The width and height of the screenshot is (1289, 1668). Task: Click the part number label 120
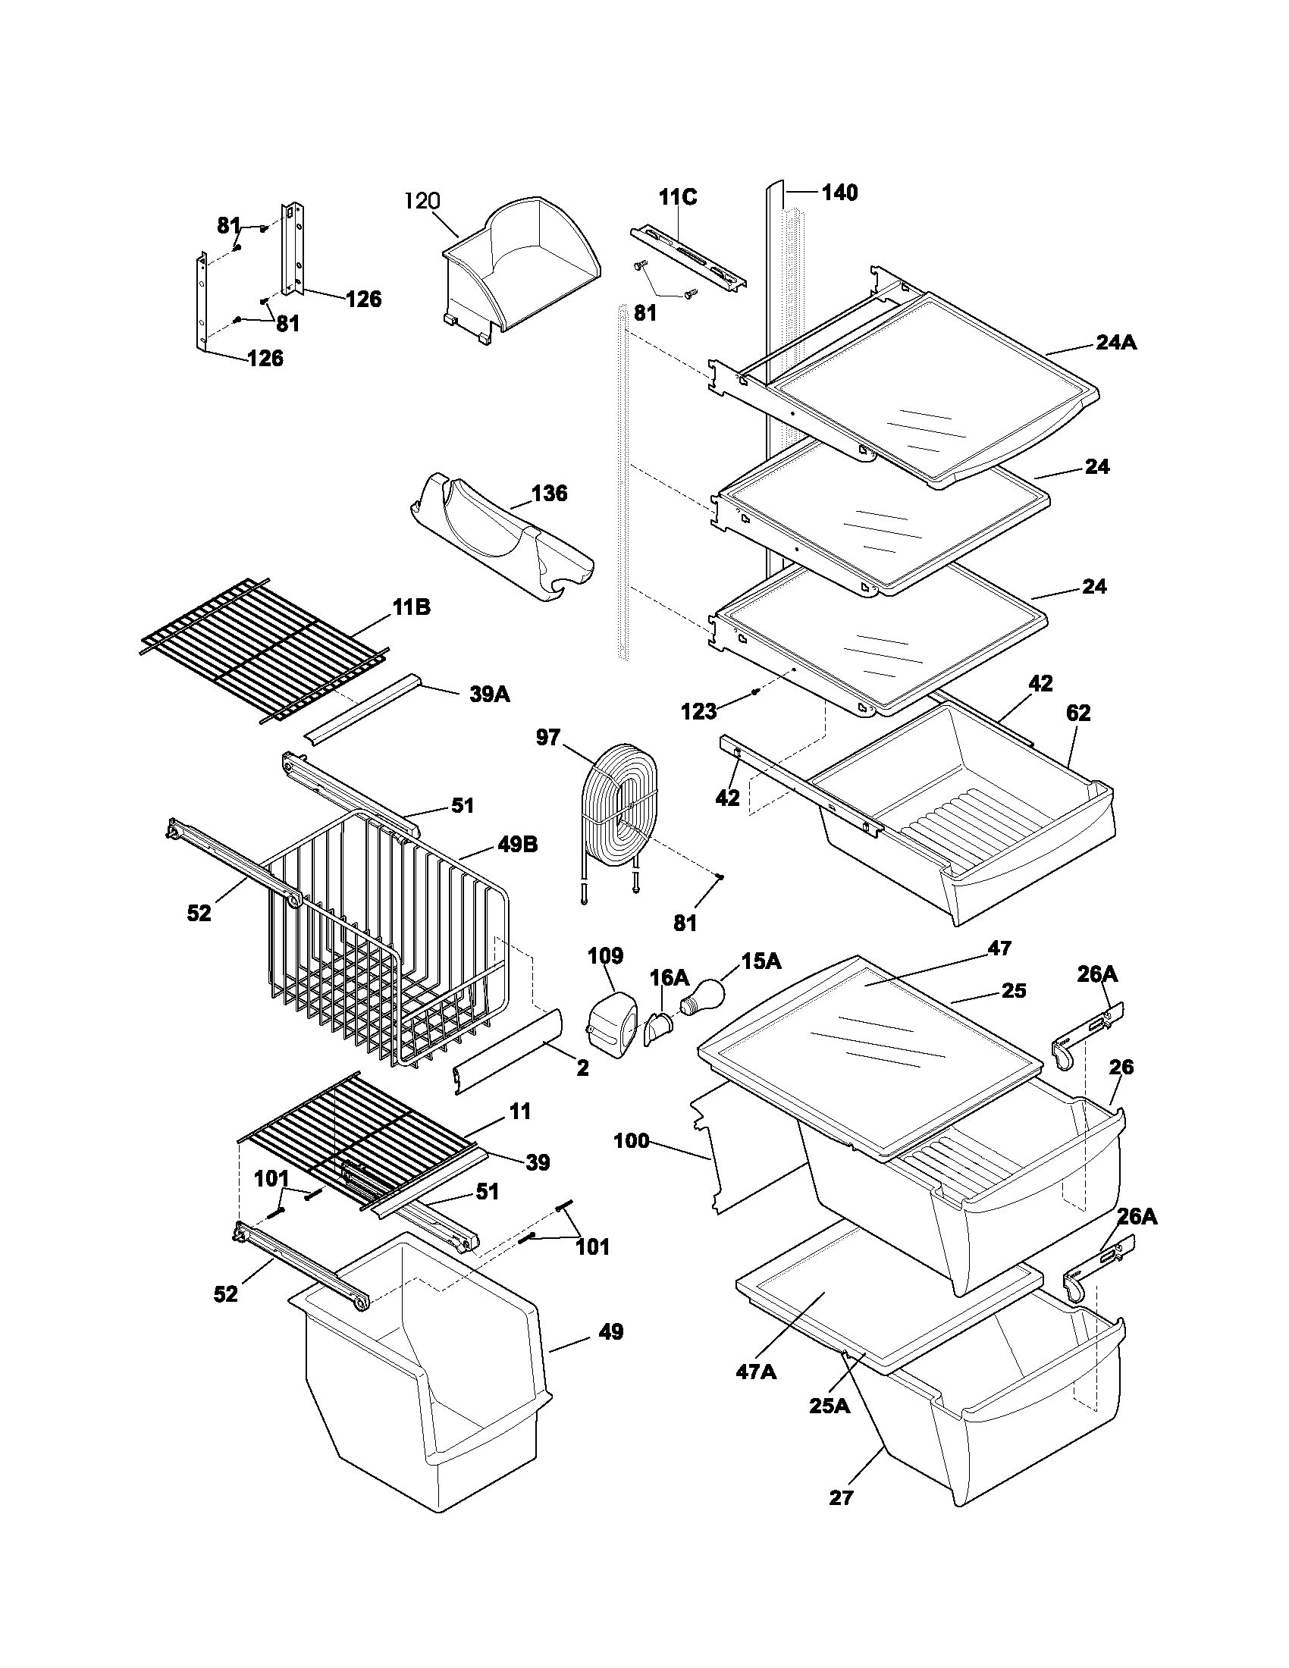(x=422, y=201)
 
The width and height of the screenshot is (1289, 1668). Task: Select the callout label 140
(x=839, y=193)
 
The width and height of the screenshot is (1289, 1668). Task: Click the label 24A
(x=1115, y=343)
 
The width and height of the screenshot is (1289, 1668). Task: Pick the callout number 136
(x=549, y=494)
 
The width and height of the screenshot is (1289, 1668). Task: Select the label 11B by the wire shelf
(x=411, y=607)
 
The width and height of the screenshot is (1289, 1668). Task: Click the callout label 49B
(x=518, y=844)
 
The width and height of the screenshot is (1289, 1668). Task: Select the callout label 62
(x=1077, y=713)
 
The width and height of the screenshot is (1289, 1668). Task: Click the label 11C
(x=677, y=197)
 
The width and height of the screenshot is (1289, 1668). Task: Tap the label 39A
(x=490, y=694)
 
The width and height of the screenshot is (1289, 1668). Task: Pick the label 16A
(x=669, y=977)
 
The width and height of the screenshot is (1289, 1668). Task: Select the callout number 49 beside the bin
(x=610, y=1311)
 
